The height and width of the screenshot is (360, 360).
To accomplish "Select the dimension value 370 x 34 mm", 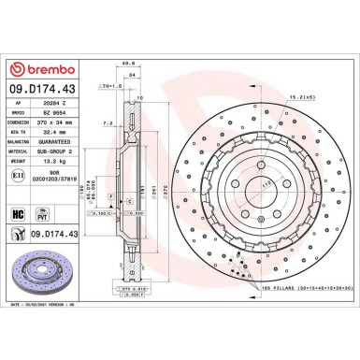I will [x=72, y=123].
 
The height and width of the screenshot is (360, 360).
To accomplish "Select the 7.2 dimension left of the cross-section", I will [x=108, y=122].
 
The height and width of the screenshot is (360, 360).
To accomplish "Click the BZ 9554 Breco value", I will [x=70, y=112].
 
